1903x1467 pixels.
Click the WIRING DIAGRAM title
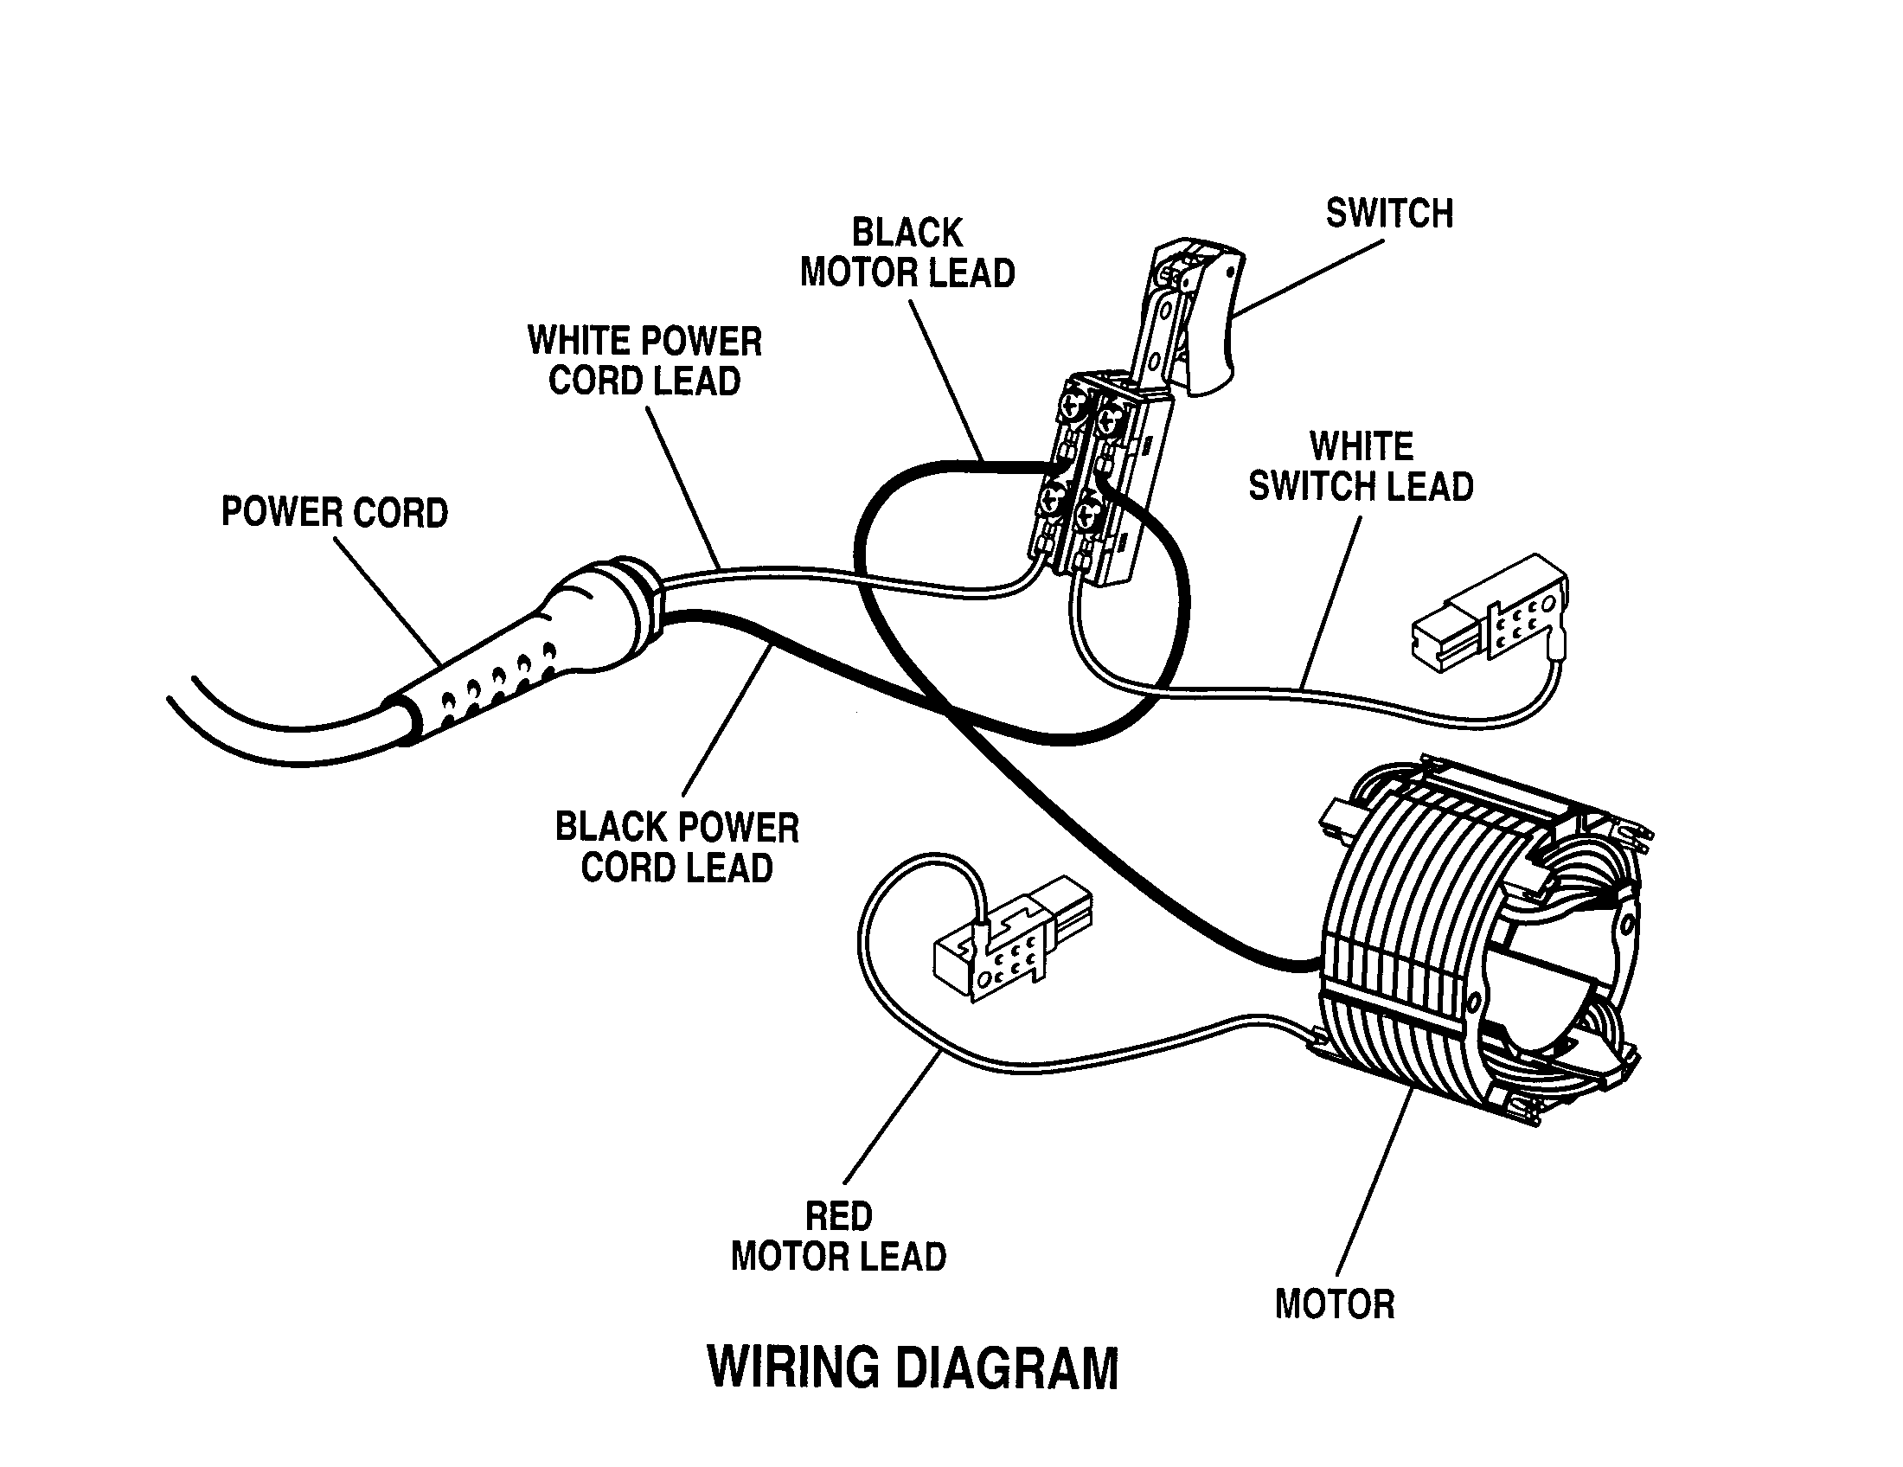[913, 1368]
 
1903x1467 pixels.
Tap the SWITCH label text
[1389, 214]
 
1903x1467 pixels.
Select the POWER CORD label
[335, 512]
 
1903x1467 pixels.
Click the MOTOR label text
[1334, 1304]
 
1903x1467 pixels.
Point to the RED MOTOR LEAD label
[838, 1236]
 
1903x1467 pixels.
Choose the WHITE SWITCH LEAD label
[1360, 466]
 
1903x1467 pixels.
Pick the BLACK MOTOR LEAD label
[907, 253]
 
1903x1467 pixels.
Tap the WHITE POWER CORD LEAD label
[644, 361]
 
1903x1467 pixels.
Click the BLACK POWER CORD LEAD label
[677, 848]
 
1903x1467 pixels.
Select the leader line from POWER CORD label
[388, 601]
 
